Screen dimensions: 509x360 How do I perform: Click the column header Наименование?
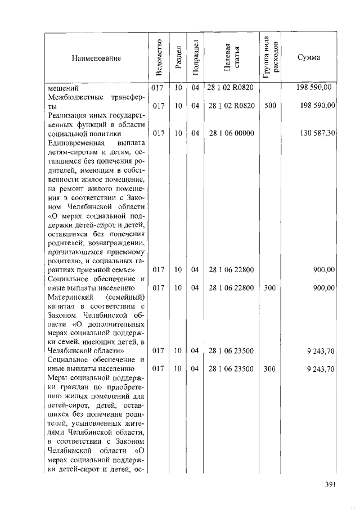point(96,58)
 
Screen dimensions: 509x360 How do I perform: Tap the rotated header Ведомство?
point(159,58)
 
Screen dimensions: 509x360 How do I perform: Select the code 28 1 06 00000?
point(231,133)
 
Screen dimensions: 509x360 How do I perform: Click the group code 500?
point(270,105)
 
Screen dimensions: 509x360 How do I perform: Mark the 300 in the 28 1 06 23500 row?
point(270,369)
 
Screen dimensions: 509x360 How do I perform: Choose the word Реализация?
point(67,115)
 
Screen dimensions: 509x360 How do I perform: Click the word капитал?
point(62,306)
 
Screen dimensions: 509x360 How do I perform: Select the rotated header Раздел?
point(178,58)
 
